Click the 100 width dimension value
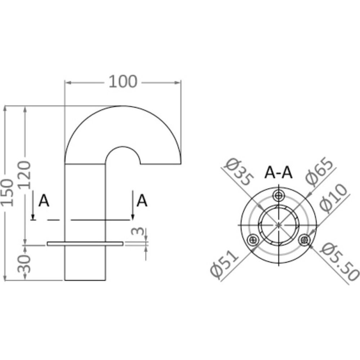pos(123,82)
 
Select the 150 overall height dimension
pos(9,192)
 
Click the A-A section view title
pos(278,173)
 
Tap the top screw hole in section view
pos(279,196)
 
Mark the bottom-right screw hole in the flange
pos(305,239)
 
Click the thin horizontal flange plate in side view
pos(85,244)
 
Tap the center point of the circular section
pos(279,225)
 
